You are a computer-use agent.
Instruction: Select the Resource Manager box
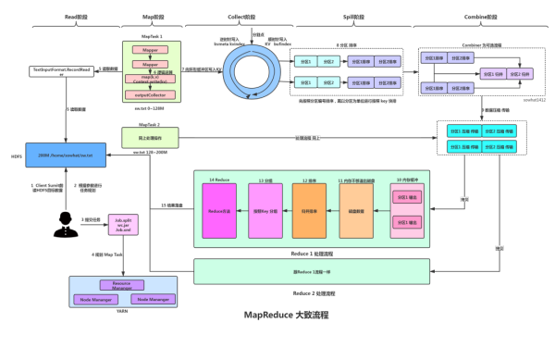[121, 286]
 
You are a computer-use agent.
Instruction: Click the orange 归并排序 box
[311, 209]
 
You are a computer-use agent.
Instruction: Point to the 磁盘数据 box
[357, 209]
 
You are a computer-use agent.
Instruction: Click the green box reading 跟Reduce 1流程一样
[312, 270]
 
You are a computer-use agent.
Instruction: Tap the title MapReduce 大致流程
[278, 316]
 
